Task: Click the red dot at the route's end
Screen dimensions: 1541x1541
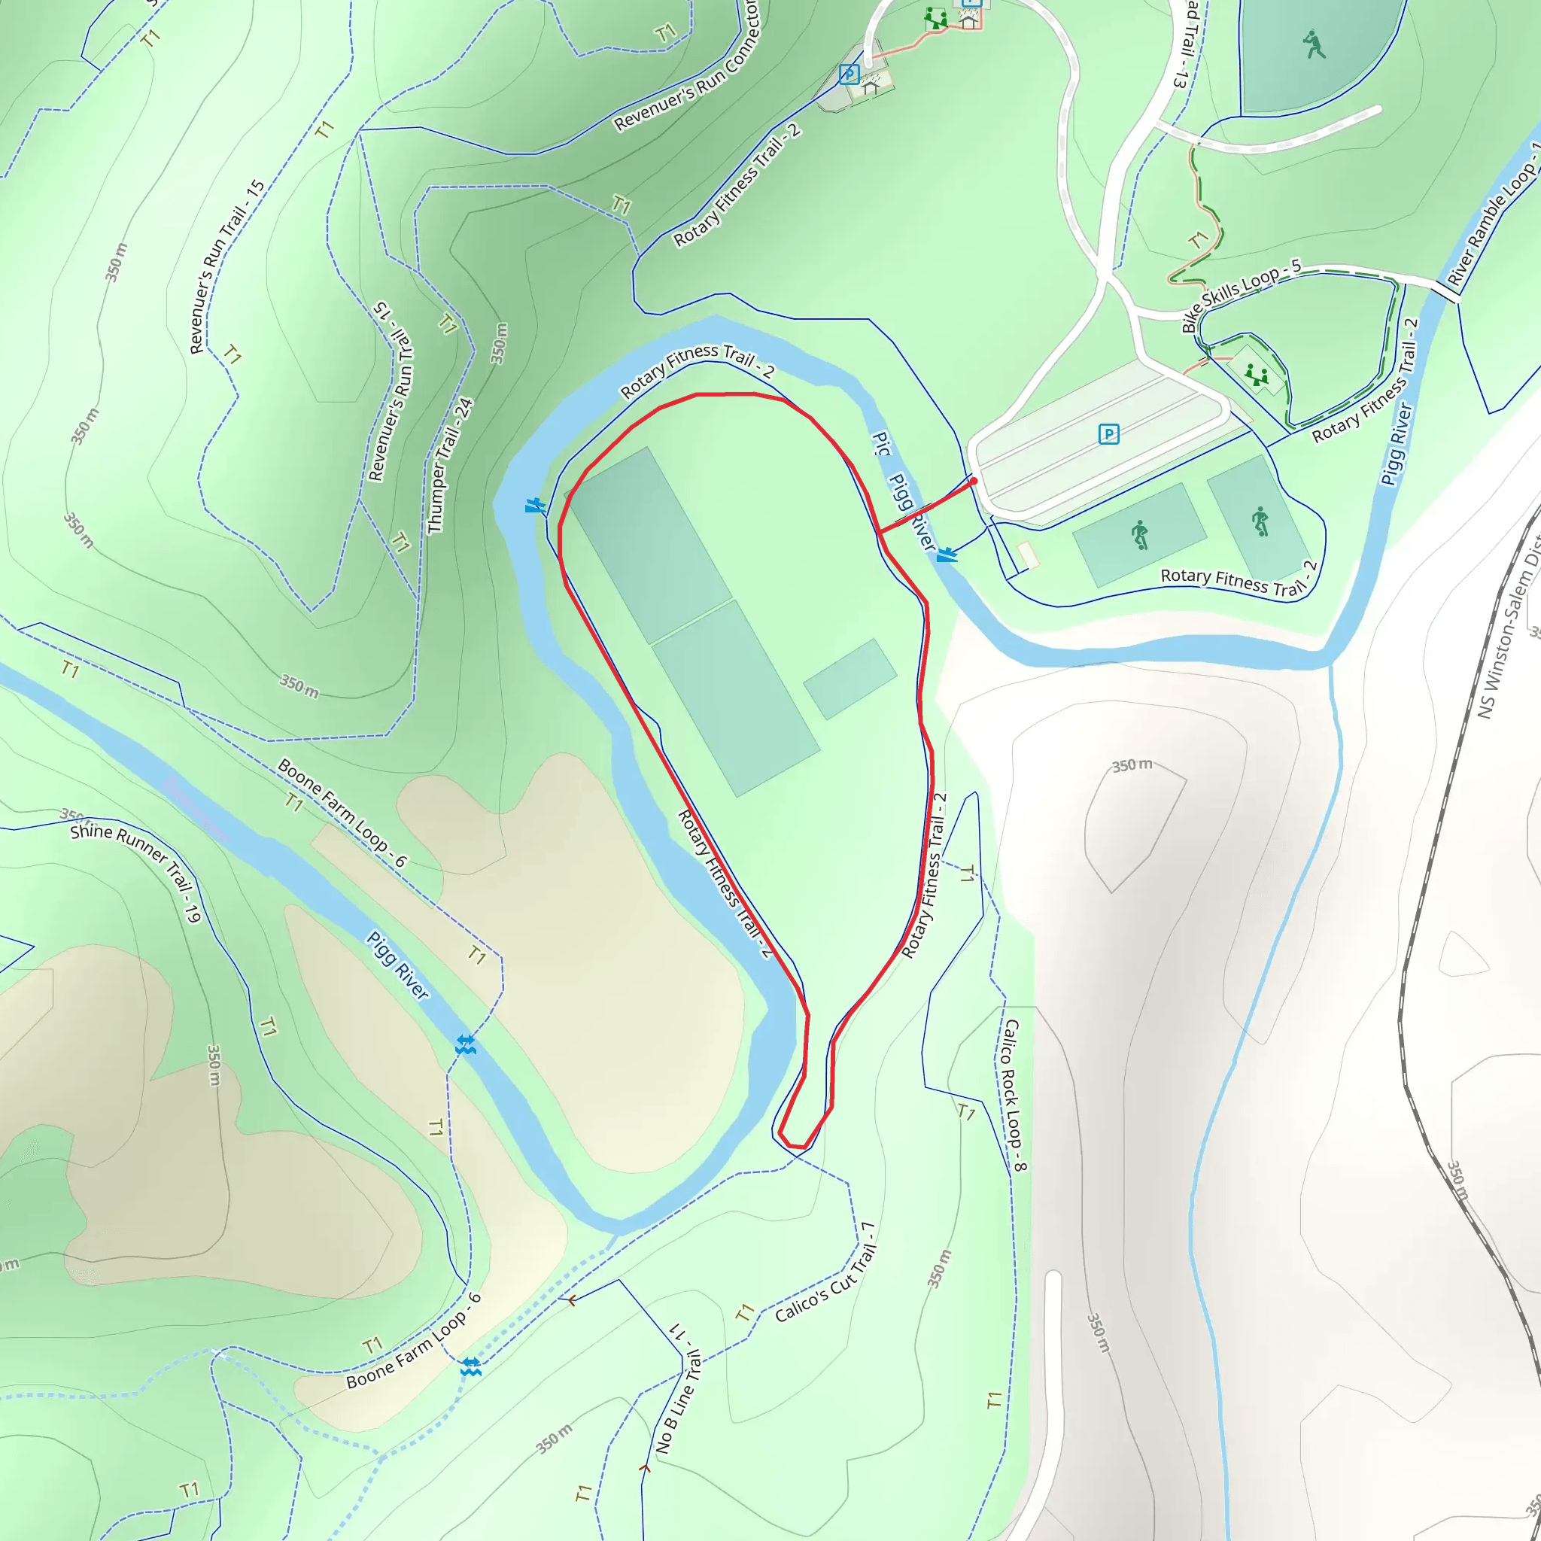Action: point(973,481)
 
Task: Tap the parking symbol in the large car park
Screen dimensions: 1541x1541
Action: point(1108,434)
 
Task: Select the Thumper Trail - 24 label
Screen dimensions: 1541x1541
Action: point(450,466)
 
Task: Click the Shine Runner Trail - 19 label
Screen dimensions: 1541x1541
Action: point(135,872)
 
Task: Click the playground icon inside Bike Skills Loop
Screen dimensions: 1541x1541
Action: point(1257,375)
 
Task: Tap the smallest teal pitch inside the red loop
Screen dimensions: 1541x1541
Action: point(850,678)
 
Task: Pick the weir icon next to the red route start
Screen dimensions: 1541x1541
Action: point(947,555)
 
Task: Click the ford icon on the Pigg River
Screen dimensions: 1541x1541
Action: point(466,1044)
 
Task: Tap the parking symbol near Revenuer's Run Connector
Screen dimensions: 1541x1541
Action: point(849,75)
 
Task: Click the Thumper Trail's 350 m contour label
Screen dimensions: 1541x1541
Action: point(499,344)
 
